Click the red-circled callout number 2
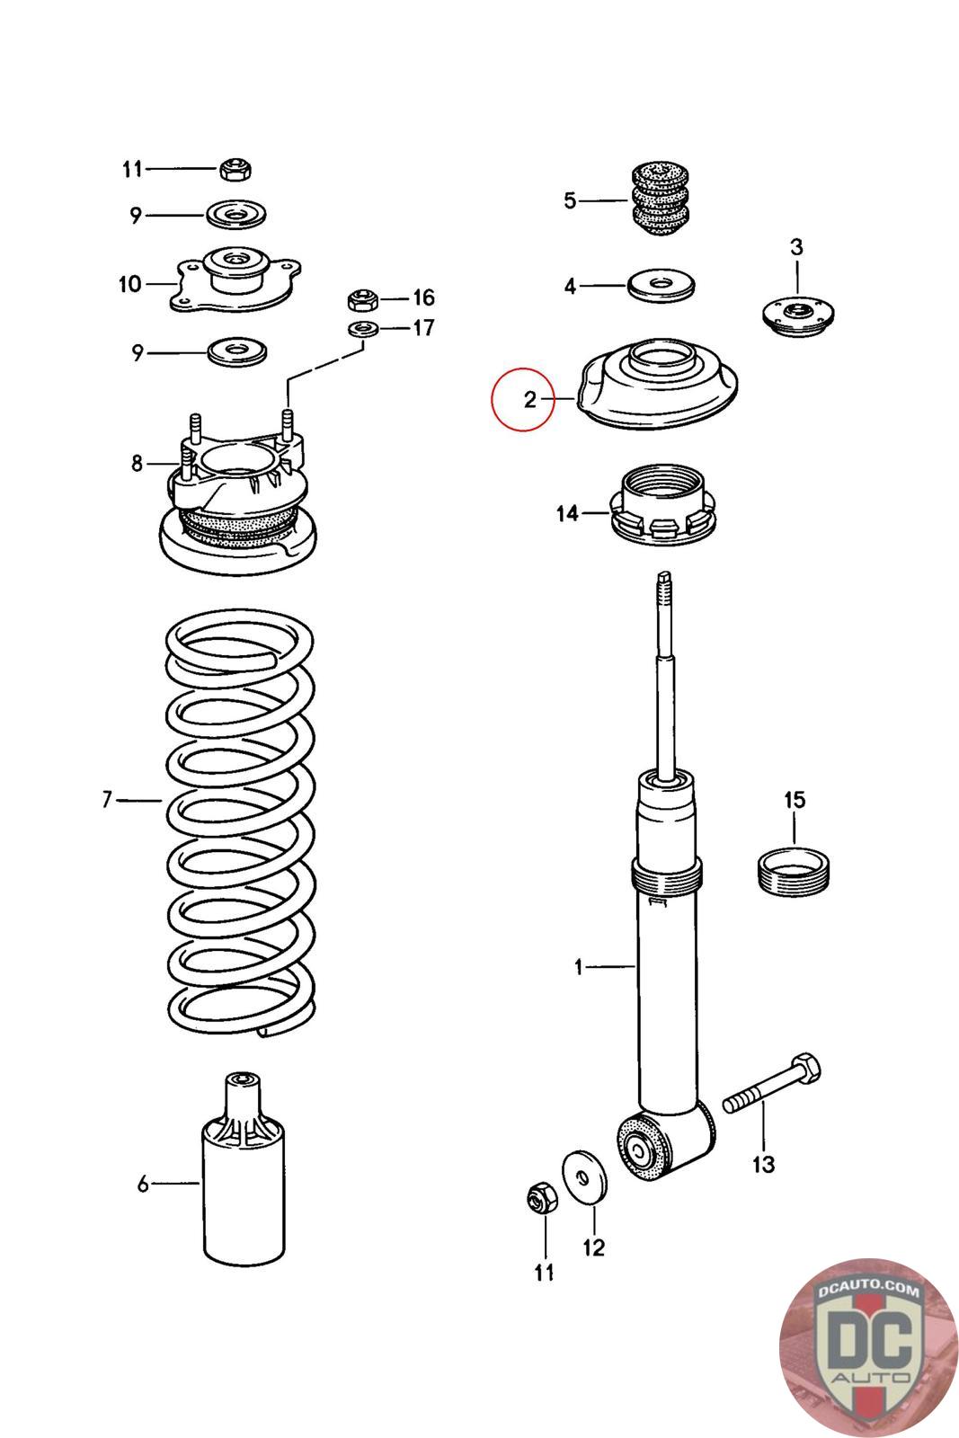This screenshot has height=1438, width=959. coord(529,399)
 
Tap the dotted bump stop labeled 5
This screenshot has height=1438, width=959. coord(662,200)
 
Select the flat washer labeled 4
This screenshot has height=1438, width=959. coord(661,284)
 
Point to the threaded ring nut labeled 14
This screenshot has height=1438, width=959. coord(662,505)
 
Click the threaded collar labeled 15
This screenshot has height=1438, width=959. coord(794,871)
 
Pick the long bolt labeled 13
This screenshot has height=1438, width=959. coord(771,1084)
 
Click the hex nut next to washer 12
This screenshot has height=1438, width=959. coord(542,1198)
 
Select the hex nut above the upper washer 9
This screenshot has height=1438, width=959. coord(235,170)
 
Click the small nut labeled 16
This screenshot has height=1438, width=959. coord(363,299)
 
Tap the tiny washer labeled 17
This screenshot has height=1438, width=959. coord(363,329)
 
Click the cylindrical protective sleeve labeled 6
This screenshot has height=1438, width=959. coord(244,1168)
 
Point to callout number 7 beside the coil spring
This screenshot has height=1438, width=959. coord(107,799)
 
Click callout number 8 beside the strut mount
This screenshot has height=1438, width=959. coord(137,463)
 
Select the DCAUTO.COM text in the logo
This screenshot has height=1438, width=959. coord(868,1288)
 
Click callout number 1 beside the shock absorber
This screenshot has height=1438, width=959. coord(578,966)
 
